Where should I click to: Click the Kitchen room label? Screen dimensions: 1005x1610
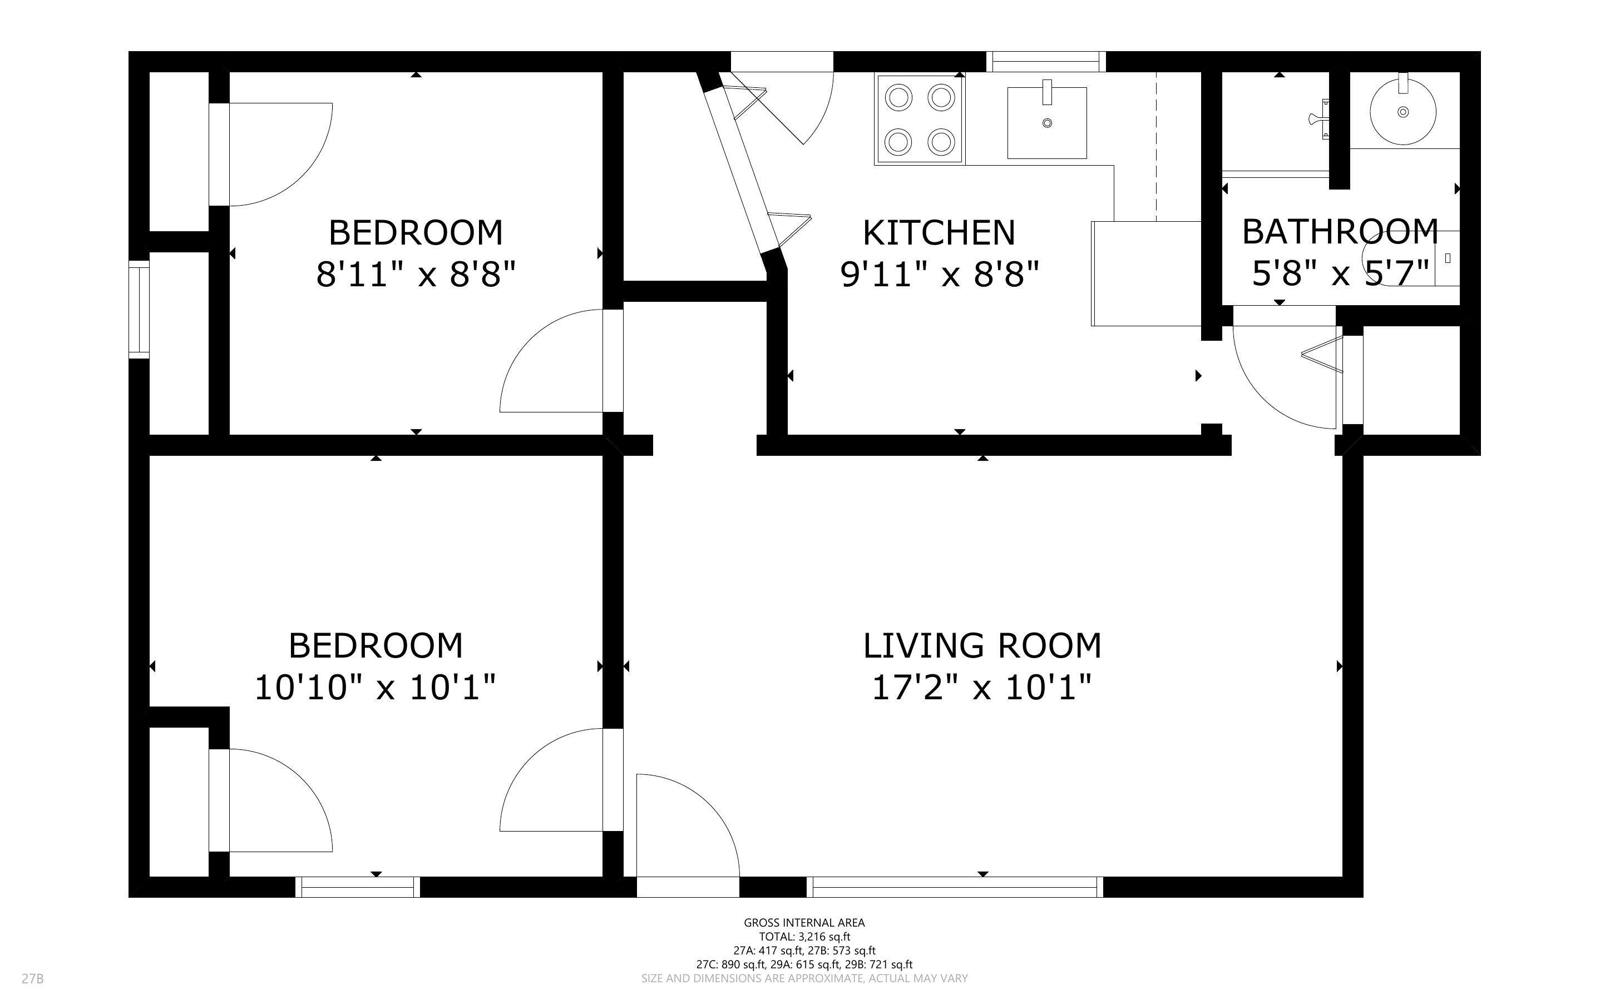(x=939, y=233)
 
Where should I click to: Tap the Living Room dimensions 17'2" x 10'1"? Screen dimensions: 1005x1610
(x=981, y=687)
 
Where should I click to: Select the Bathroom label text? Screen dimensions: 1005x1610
(x=1339, y=232)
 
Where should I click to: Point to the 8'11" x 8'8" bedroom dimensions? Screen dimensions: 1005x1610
(x=416, y=274)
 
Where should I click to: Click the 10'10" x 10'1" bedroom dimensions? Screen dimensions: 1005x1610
(x=375, y=687)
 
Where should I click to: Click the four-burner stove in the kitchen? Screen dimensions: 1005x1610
(x=920, y=120)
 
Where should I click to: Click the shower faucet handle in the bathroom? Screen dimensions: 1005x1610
(x=1320, y=119)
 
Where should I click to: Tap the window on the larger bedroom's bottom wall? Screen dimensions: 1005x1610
(x=357, y=887)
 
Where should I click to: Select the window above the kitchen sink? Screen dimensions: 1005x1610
(x=1045, y=62)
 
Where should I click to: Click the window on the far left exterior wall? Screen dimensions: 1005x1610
(x=139, y=310)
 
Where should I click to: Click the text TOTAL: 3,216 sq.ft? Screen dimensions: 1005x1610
(x=804, y=937)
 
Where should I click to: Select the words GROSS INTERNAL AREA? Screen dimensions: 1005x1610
(x=804, y=923)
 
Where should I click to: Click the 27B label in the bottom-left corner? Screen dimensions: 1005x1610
(x=33, y=978)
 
